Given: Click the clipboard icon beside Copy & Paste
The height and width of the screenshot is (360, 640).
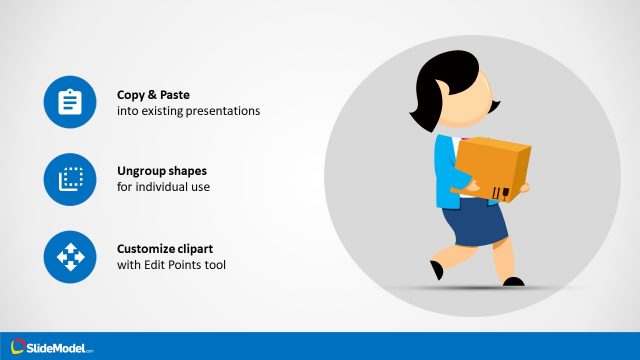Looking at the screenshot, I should [69, 102].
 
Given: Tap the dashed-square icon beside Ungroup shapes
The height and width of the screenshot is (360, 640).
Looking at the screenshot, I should [69, 179].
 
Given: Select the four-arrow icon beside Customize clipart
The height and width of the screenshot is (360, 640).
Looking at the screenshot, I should [69, 257].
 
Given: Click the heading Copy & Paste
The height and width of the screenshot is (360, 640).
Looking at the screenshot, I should [153, 94].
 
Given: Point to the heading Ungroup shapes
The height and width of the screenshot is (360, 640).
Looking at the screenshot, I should [161, 171].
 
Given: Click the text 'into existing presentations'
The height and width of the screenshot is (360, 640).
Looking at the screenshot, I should [188, 111].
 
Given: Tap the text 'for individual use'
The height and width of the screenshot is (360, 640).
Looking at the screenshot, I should [164, 188].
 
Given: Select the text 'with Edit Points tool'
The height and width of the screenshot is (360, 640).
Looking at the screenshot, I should [172, 265].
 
